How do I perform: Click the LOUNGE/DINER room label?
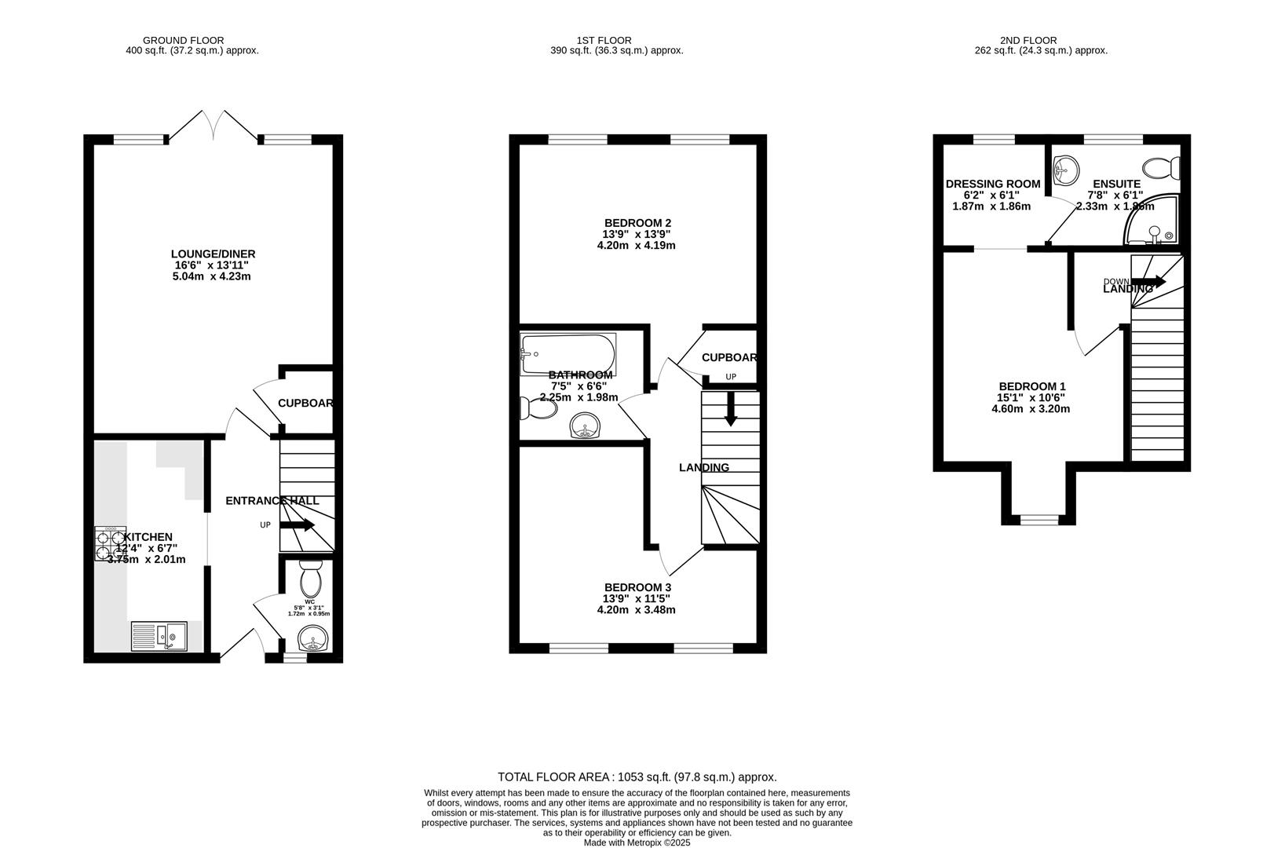pyautogui.click(x=213, y=254)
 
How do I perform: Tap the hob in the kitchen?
pyautogui.click(x=111, y=543)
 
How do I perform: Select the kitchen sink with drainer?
pyautogui.click(x=159, y=636)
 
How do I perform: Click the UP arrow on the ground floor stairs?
pyautogui.click(x=298, y=525)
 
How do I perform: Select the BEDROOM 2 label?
pyautogui.click(x=637, y=223)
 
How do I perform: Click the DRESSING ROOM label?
pyautogui.click(x=992, y=184)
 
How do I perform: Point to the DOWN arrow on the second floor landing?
pyautogui.click(x=1148, y=281)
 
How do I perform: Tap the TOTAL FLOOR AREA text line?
pyautogui.click(x=637, y=777)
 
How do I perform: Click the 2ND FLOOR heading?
pyautogui.click(x=1028, y=40)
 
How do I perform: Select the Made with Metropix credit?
pyautogui.click(x=637, y=843)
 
